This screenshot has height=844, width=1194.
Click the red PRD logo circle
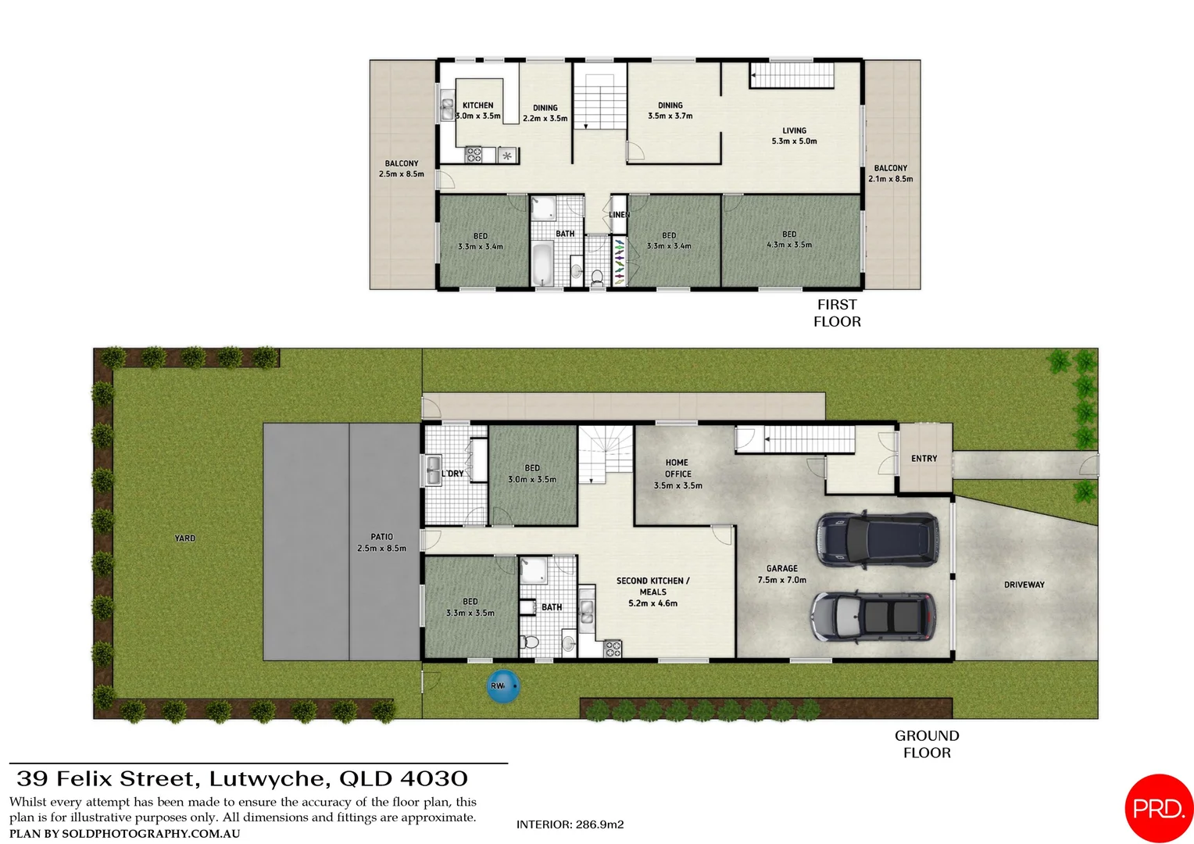pos(1159,809)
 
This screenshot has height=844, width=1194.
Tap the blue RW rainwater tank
pos(502,686)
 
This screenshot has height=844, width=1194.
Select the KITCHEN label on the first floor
pos(477,105)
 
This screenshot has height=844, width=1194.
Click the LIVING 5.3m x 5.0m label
pos(794,136)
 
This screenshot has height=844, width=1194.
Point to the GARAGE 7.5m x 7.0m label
pos(781,574)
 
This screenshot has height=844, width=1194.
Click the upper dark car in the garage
pos(877,539)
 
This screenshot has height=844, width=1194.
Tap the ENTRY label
pos(924,459)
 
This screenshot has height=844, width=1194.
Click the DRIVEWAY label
pos(1024,585)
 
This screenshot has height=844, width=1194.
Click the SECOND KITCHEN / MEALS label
pos(652,592)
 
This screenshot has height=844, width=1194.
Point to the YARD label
pos(185,538)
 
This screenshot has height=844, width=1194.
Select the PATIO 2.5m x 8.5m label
pos(381,542)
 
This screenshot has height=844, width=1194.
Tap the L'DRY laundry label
pos(453,474)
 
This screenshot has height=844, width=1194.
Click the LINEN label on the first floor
pos(619,215)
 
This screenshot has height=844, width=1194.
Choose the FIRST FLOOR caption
pos(837,313)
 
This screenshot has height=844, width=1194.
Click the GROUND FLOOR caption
pos(927,744)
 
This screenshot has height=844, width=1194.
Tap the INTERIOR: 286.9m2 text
pos(570,824)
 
